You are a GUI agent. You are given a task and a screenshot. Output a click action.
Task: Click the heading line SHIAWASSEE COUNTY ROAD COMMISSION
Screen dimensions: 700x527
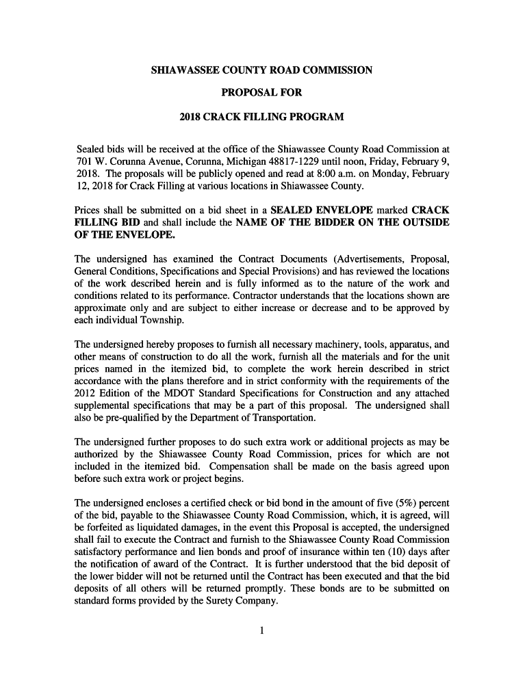pyautogui.click(x=261, y=70)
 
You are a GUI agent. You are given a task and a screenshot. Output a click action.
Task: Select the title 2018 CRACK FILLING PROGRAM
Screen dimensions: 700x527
pyautogui.click(x=261, y=117)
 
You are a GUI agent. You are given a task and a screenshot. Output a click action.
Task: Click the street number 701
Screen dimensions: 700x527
pyautogui.click(x=83, y=161)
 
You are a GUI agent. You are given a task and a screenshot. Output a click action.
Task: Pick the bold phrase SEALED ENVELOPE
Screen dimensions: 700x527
pyautogui.click(x=322, y=211)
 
